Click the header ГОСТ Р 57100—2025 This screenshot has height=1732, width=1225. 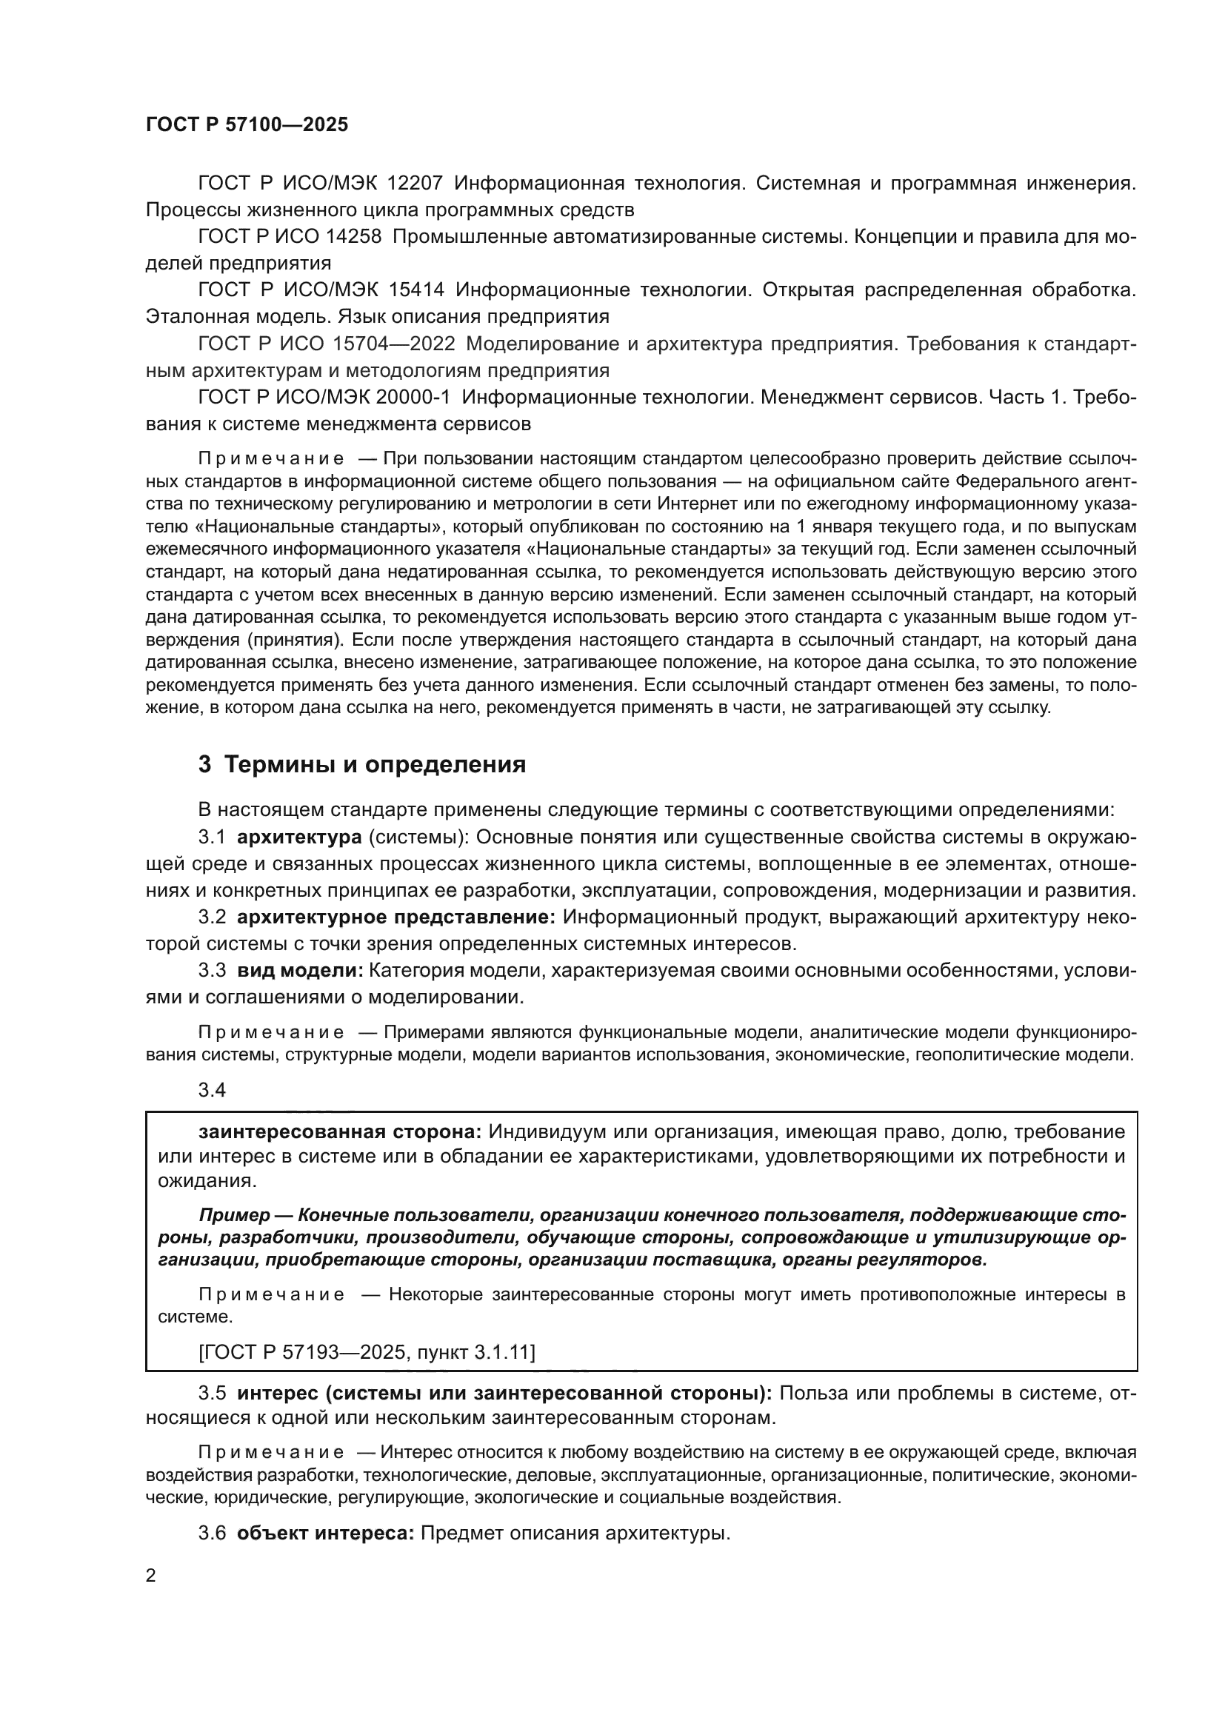(247, 125)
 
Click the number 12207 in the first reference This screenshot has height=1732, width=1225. (415, 184)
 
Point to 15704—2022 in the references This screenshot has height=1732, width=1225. (394, 344)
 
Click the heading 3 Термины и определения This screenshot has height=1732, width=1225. (362, 765)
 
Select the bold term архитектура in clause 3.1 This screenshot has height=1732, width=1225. (289, 837)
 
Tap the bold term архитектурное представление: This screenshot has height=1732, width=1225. (396, 917)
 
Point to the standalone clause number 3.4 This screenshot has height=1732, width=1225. (212, 1090)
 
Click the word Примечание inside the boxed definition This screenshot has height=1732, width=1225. (272, 1295)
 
